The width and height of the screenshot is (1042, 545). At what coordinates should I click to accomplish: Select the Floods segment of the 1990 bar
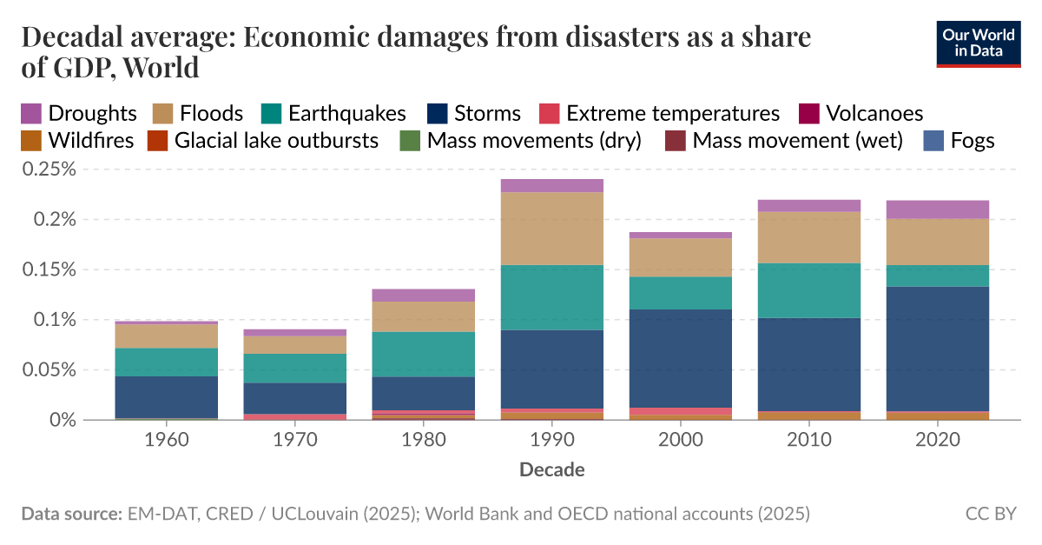(552, 229)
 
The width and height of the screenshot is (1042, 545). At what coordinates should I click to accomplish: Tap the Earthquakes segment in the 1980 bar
(424, 354)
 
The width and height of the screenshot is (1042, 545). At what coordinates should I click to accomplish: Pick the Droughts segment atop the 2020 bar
(938, 209)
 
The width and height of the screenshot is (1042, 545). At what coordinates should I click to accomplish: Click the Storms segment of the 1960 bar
(167, 397)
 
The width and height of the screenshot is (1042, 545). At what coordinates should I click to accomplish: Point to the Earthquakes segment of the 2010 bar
(809, 290)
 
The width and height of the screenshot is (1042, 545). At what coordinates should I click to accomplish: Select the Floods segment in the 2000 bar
(681, 257)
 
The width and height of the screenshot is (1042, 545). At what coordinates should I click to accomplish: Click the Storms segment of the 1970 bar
(295, 398)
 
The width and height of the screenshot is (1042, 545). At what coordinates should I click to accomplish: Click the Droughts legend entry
(79, 113)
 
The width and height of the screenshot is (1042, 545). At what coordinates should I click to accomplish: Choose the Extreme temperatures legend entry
(659, 113)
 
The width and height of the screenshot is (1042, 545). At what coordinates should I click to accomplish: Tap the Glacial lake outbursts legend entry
(262, 141)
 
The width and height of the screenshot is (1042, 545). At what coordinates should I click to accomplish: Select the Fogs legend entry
(958, 141)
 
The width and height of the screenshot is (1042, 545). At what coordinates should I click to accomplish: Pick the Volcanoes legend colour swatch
(809, 113)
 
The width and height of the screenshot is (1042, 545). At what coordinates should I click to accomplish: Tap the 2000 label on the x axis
(681, 440)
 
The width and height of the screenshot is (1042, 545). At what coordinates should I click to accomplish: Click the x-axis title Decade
(552, 470)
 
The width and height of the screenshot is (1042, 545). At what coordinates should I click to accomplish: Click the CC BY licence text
(990, 514)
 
